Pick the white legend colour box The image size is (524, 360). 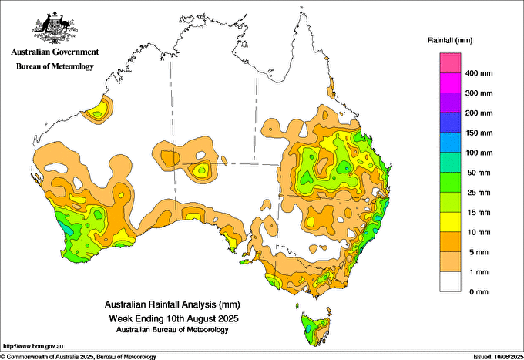(450, 282)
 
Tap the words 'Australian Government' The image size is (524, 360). (55, 52)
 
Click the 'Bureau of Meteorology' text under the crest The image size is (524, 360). (55, 66)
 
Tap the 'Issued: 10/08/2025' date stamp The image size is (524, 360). (495, 356)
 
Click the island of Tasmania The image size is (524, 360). (317, 326)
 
